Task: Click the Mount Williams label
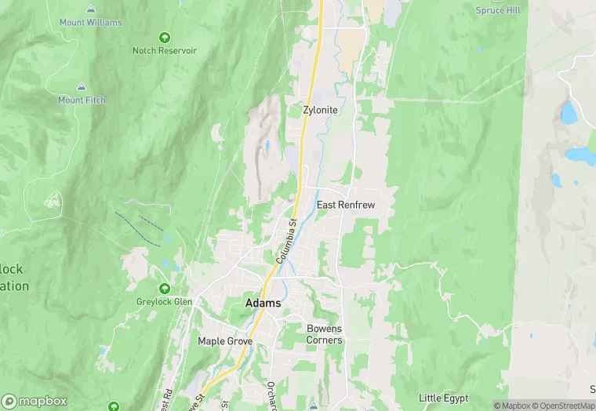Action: pyautogui.click(x=91, y=23)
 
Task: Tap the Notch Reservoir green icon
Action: pyautogui.click(x=165, y=37)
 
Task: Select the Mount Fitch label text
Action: pyautogui.click(x=82, y=100)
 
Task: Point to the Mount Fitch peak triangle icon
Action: pyautogui.click(x=82, y=86)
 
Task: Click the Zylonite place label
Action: pyautogui.click(x=320, y=111)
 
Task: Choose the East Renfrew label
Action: pyautogui.click(x=346, y=205)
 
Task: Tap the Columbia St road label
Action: pyautogui.click(x=285, y=241)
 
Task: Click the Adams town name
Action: pyautogui.click(x=263, y=303)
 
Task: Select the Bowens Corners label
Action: pyautogui.click(x=324, y=334)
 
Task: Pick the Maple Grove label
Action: pyautogui.click(x=223, y=341)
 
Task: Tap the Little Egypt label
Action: pyautogui.click(x=443, y=398)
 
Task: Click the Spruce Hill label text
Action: pyautogui.click(x=497, y=10)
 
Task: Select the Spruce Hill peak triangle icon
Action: pyautogui.click(x=497, y=2)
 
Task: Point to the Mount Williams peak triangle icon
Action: pyautogui.click(x=91, y=9)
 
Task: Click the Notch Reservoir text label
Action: pyautogui.click(x=165, y=50)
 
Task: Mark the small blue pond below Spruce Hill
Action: pyautogui.click(x=569, y=114)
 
